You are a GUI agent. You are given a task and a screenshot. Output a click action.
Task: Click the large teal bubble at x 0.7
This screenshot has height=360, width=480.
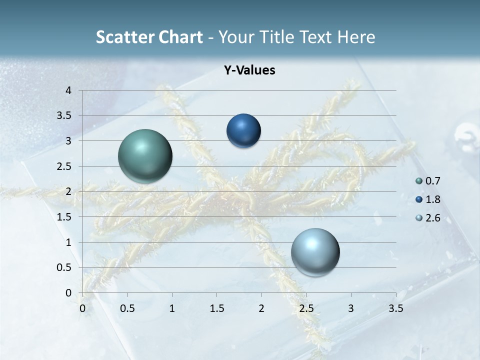(x=145, y=156)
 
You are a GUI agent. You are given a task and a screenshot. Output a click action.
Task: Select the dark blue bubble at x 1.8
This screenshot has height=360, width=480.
(x=243, y=131)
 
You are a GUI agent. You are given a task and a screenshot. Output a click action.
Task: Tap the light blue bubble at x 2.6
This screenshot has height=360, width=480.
(x=315, y=252)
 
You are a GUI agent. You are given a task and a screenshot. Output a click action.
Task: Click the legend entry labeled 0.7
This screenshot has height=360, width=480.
(x=429, y=181)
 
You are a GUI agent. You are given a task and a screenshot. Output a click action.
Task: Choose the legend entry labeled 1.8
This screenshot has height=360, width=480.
(x=429, y=199)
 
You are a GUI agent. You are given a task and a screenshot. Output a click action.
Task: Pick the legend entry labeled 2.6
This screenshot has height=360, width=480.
(x=429, y=218)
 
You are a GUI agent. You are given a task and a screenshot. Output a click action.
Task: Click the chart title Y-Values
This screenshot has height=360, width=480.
(x=249, y=70)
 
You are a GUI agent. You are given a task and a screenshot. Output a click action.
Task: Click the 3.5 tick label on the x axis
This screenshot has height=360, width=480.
(x=395, y=308)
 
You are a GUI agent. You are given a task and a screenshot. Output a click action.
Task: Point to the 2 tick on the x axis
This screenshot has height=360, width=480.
(x=261, y=308)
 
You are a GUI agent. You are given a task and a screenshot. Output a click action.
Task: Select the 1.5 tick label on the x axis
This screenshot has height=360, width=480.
(x=216, y=308)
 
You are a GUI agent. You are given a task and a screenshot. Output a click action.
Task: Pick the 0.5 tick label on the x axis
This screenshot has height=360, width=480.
(x=127, y=308)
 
